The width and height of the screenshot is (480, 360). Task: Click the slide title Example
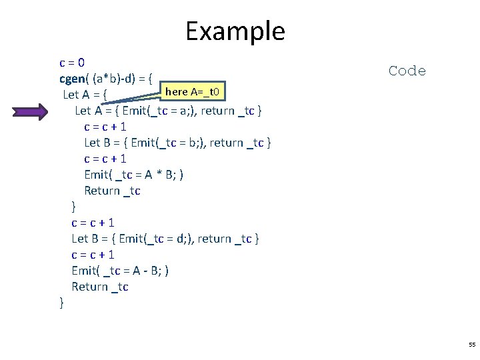(235, 31)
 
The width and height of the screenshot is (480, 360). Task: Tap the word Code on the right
(407, 71)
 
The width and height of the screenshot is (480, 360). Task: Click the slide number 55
(472, 345)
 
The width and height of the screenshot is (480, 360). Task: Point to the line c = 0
(72, 63)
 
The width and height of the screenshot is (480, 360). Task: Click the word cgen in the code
(73, 79)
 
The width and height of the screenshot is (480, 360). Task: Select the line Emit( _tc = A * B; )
(134, 175)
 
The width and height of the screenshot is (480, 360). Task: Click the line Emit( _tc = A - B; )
(120, 271)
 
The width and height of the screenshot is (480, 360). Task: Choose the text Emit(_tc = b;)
(169, 143)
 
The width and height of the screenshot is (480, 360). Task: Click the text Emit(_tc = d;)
(158, 239)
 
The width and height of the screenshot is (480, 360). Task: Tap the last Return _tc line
(100, 287)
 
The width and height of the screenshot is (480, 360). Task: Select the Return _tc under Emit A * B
(112, 191)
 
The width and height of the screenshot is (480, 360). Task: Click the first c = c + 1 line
(105, 127)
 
